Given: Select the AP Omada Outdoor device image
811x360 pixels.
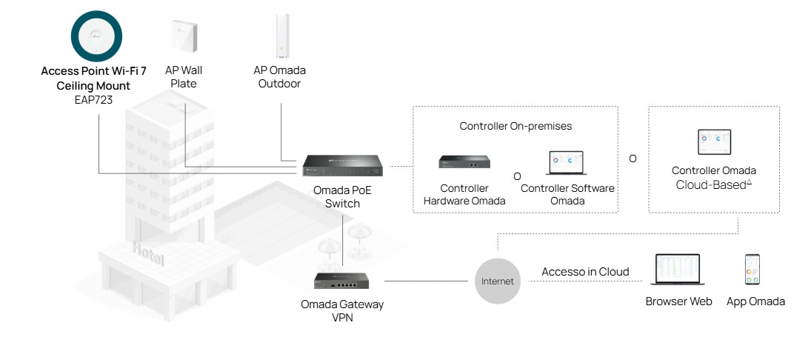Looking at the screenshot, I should point(281,36).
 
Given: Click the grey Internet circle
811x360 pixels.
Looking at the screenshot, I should point(497,281).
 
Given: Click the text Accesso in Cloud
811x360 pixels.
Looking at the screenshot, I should point(585,272).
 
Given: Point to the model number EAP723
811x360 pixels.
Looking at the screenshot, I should point(93,98).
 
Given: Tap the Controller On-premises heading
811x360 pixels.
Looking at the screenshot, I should point(515,126).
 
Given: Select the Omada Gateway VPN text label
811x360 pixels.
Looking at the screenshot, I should point(342,310).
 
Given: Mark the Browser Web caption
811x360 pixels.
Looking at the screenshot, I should point(678,301).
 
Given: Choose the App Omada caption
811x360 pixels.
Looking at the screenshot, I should point(755,301).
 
